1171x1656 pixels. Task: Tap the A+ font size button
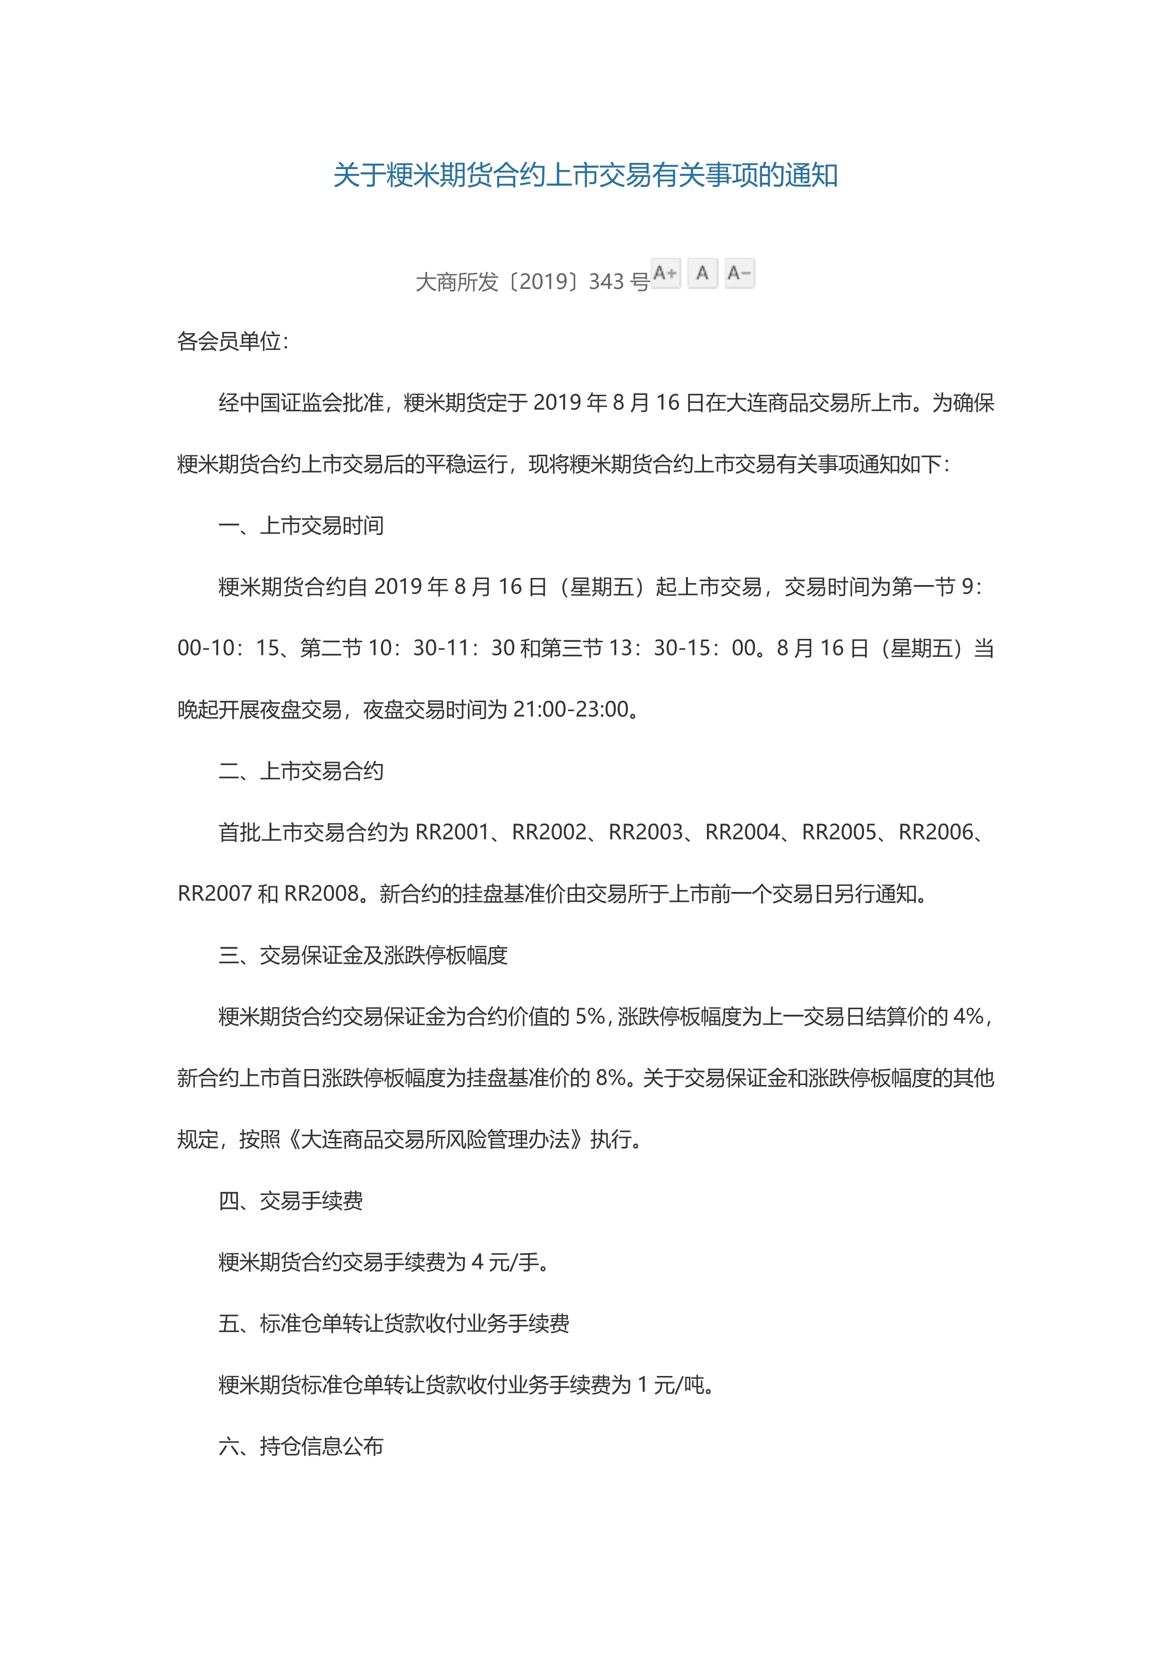pos(666,273)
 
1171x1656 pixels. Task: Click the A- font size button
pos(740,273)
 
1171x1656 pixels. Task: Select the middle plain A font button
pos(702,273)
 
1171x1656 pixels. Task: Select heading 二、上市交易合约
pos(301,771)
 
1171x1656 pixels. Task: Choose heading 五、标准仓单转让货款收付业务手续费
pos(394,1324)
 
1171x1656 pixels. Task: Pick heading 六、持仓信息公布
pos(301,1446)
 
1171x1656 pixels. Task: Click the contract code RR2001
pos(453,832)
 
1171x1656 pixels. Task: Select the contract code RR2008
pos(322,893)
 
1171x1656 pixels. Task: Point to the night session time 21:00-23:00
pos(571,710)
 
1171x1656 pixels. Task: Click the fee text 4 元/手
pos(505,1262)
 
